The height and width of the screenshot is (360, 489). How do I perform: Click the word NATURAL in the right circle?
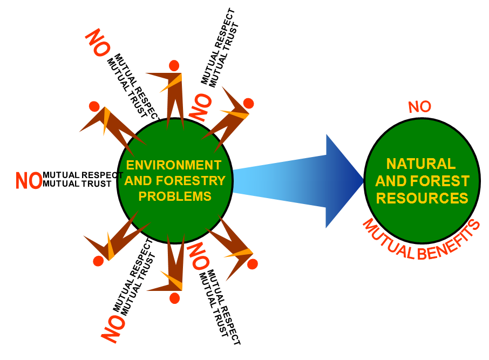[422, 163]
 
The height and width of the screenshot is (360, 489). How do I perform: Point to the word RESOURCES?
[422, 199]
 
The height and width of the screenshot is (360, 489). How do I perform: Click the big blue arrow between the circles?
[313, 181]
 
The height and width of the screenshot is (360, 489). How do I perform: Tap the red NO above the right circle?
[420, 107]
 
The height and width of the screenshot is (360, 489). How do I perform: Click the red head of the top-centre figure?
[174, 65]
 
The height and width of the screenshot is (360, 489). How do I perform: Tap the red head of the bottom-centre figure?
[174, 298]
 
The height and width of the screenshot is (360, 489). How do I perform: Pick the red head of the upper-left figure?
[94, 106]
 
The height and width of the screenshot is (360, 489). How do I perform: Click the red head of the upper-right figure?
[248, 103]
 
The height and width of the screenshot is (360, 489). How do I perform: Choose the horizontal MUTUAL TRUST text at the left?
[77, 184]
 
